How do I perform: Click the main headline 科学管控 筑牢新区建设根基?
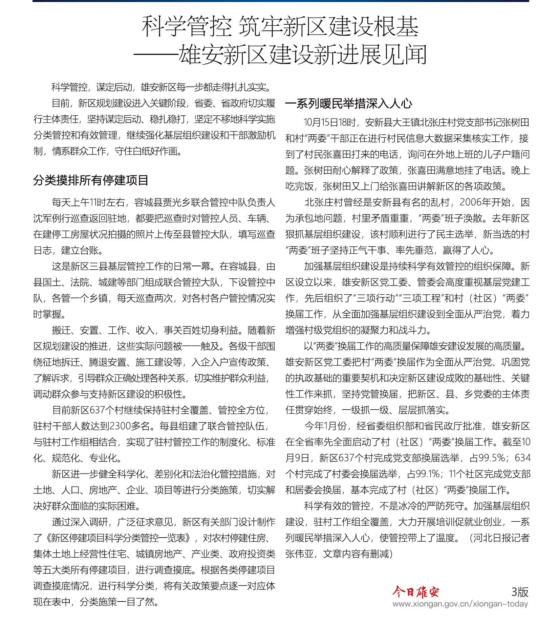point(280,27)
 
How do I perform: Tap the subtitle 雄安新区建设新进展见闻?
point(302,54)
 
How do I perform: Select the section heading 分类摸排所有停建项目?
point(91,180)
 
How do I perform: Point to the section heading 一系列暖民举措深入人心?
point(349,103)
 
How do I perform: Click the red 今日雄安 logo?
point(415,591)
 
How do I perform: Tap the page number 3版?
point(520,591)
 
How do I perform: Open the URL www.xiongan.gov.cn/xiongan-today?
point(460,604)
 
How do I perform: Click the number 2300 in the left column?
point(120,426)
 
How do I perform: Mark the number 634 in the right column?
point(522,458)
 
